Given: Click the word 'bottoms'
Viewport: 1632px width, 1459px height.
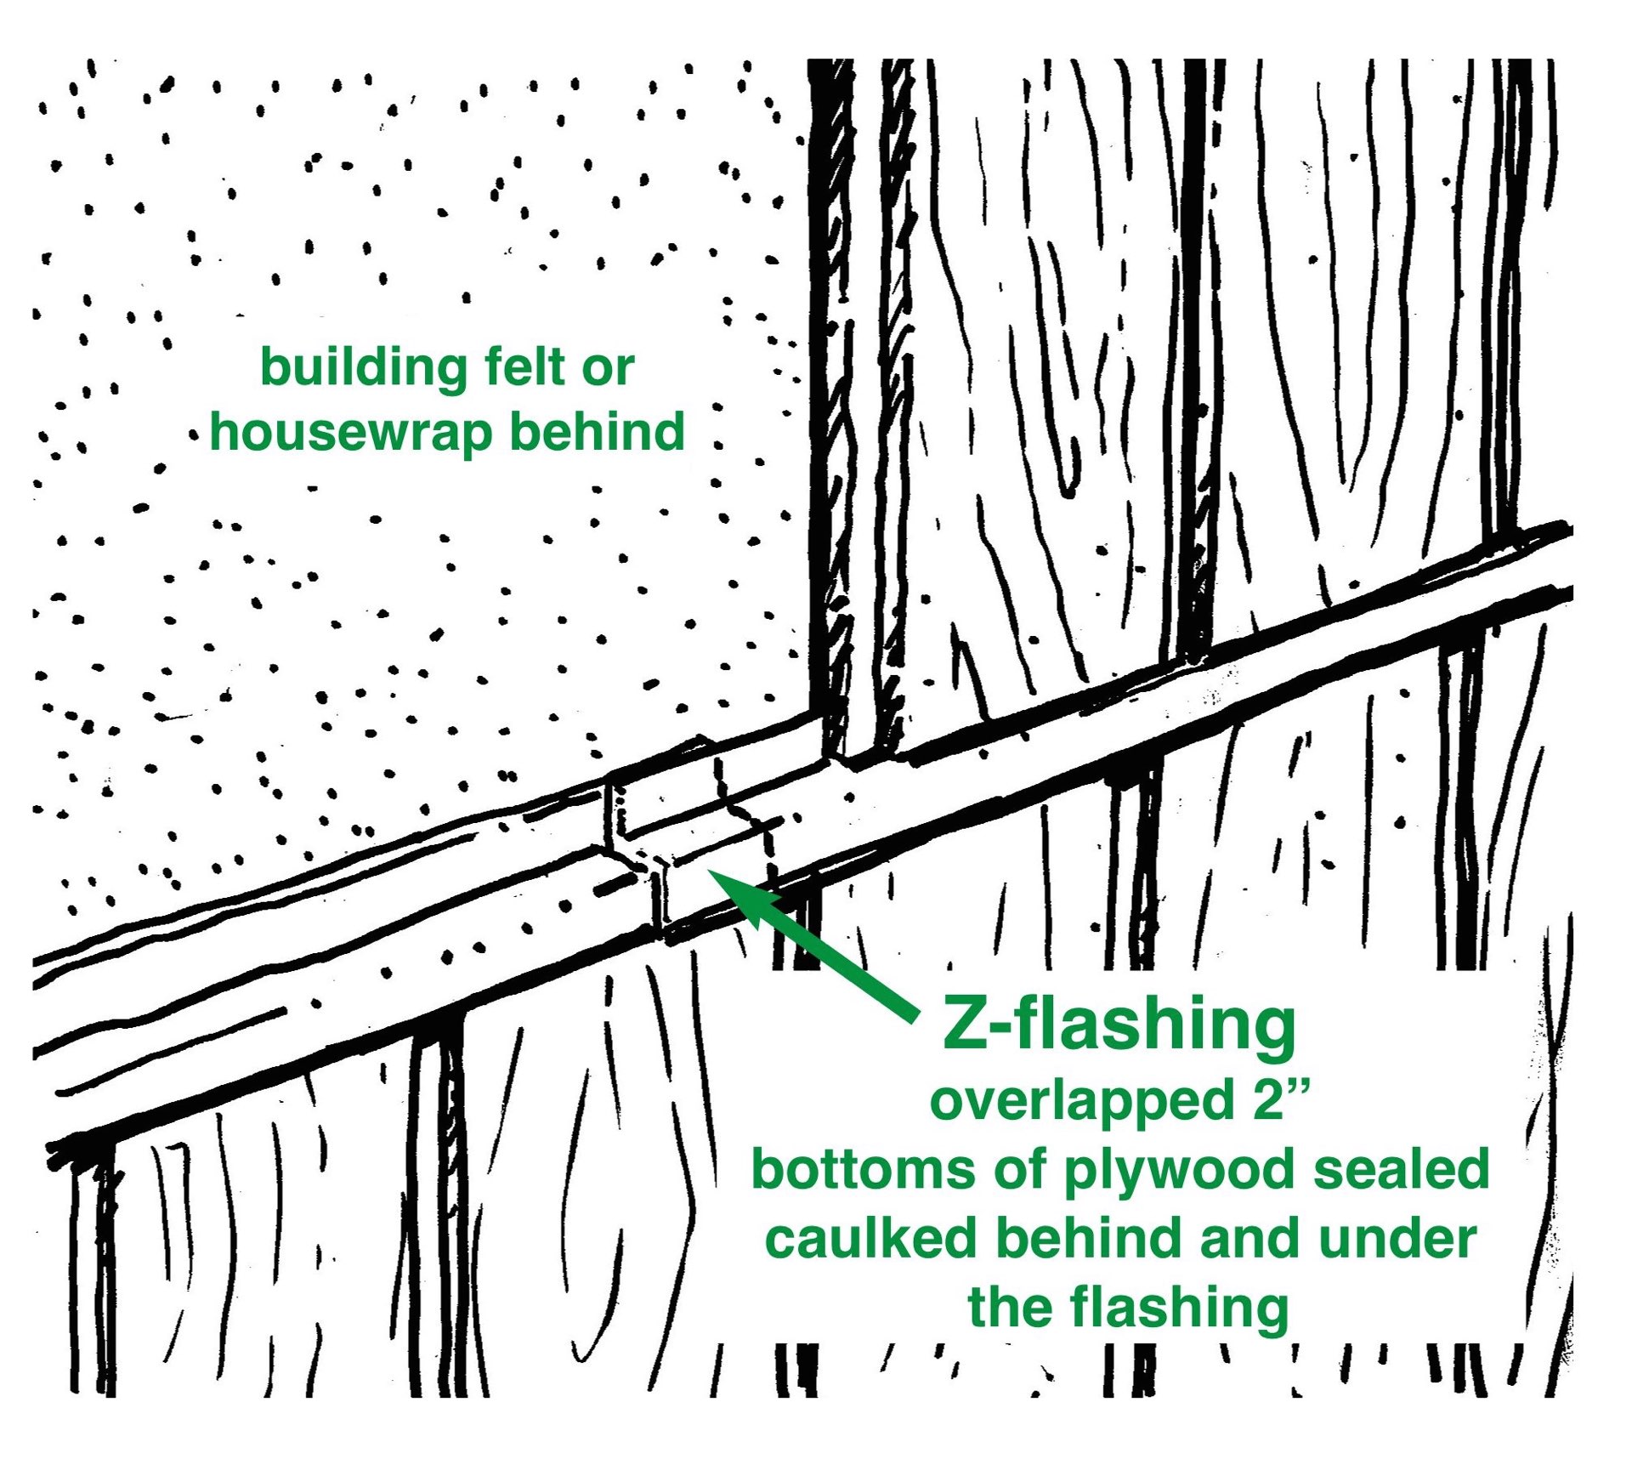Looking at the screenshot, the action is point(865,1170).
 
